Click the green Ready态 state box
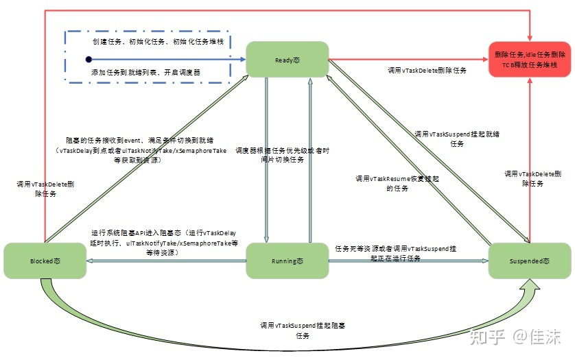(x=287, y=60)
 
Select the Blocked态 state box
(x=45, y=261)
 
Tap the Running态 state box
(x=287, y=261)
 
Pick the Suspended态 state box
(x=529, y=261)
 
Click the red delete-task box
(x=530, y=59)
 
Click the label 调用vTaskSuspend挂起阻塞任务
(x=303, y=330)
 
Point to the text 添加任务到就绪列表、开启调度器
(x=146, y=71)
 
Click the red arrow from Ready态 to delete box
(x=412, y=60)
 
